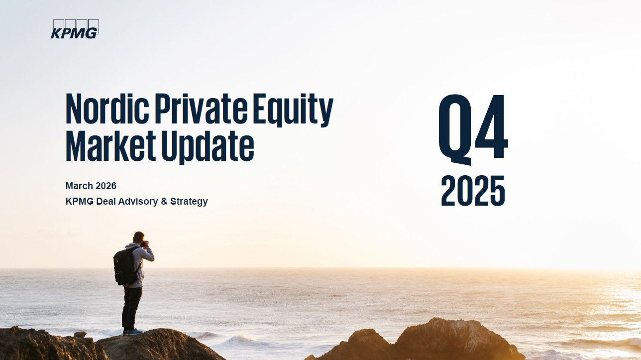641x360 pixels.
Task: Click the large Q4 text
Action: point(473,128)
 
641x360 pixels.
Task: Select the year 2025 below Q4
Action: point(473,191)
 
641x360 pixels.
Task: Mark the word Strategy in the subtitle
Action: point(189,202)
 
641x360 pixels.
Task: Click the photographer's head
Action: point(139,238)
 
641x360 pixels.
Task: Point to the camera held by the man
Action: point(145,243)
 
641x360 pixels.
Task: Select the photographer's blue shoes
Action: point(132,332)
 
